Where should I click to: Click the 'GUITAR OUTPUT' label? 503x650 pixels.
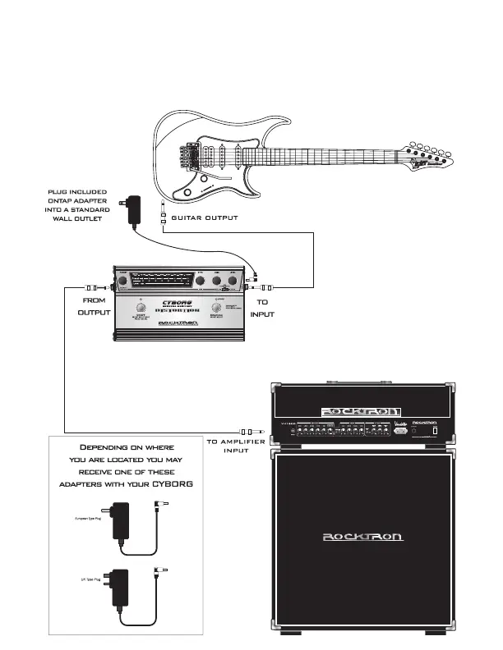tap(204, 218)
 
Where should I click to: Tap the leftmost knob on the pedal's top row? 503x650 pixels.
tap(122, 282)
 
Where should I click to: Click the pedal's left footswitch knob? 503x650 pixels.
tap(141, 311)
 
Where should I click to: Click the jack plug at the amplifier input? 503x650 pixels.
tap(247, 431)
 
